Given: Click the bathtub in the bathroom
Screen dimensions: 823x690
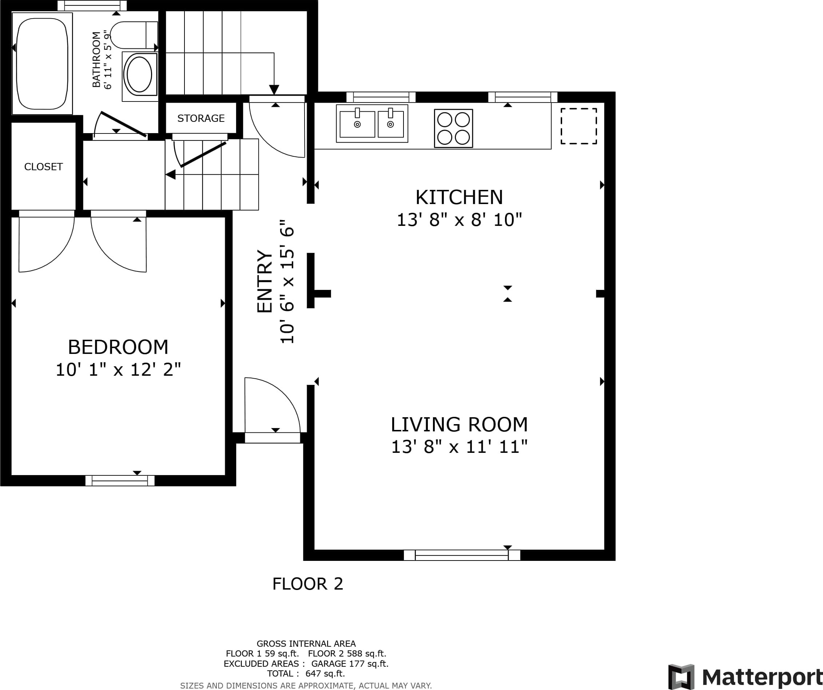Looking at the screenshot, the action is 42,64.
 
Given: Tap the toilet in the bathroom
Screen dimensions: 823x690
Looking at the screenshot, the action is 134,35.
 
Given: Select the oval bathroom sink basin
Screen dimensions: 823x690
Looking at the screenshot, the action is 139,75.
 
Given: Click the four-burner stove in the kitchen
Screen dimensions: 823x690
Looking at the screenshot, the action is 453,128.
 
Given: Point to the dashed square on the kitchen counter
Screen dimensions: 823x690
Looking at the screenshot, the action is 579,126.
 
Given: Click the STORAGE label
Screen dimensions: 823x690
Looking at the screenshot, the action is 201,118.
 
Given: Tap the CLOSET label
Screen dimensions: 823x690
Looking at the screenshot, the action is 44,167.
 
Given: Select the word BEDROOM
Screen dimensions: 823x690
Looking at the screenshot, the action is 118,347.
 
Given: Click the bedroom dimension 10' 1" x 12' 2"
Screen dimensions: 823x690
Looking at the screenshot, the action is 118,370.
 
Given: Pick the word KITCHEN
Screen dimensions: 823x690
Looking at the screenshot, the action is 459,197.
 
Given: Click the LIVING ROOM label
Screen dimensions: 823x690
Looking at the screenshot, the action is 459,424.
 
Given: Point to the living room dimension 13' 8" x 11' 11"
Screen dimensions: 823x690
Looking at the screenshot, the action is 459,447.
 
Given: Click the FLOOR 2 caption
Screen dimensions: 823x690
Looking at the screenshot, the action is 308,584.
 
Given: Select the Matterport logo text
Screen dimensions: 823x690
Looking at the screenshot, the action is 762,677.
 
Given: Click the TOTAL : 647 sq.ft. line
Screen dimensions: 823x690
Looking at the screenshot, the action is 306,674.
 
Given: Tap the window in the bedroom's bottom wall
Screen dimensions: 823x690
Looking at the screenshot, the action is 120,480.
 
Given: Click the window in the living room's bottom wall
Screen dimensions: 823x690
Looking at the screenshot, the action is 462,555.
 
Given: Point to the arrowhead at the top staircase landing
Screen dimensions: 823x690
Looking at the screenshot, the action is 274,90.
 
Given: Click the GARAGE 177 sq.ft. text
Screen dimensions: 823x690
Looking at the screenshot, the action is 350,663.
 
